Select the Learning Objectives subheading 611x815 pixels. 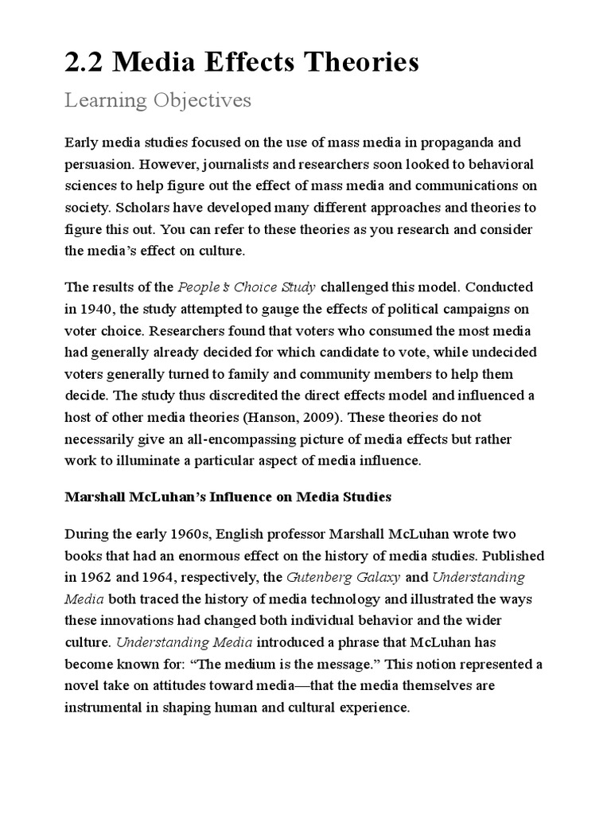158,100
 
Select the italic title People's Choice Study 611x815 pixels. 247,287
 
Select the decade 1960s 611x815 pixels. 188,532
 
